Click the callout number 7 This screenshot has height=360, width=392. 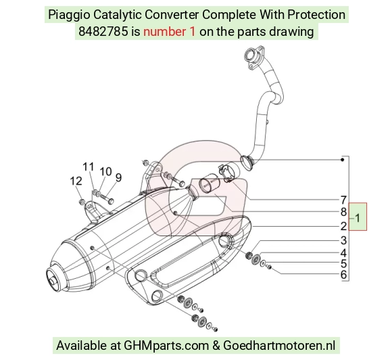pyautogui.click(x=343, y=200)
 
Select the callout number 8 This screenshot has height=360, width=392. pyautogui.click(x=343, y=212)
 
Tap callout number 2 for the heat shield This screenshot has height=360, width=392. pyautogui.click(x=343, y=226)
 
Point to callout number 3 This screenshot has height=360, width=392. pyautogui.click(x=343, y=240)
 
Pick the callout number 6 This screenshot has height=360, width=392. pyautogui.click(x=343, y=275)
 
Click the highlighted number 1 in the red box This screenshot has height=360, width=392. pyautogui.click(x=358, y=218)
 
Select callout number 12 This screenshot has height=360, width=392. pyautogui.click(x=76, y=181)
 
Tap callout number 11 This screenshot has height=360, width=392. pyautogui.click(x=89, y=166)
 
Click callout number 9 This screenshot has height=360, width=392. pyautogui.click(x=118, y=177)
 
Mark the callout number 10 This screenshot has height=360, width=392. pyautogui.click(x=105, y=172)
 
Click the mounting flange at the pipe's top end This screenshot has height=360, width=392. pyautogui.click(x=253, y=57)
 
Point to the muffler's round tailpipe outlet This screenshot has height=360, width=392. pyautogui.click(x=53, y=278)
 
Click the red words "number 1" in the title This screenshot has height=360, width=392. pyautogui.click(x=169, y=32)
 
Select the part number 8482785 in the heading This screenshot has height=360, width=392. pyautogui.click(x=103, y=32)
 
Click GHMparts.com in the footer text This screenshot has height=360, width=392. pyautogui.click(x=166, y=346)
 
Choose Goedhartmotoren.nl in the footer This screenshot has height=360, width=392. pyautogui.click(x=279, y=346)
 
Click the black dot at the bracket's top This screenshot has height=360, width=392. pyautogui.click(x=343, y=160)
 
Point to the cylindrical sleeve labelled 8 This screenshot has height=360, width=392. pyautogui.click(x=208, y=186)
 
